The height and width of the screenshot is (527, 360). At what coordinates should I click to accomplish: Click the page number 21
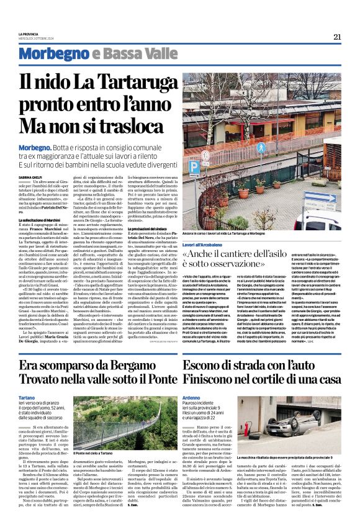pos(336,37)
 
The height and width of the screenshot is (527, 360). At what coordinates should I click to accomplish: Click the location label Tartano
pos(27,397)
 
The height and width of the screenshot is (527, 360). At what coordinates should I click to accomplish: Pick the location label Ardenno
pos(191,397)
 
